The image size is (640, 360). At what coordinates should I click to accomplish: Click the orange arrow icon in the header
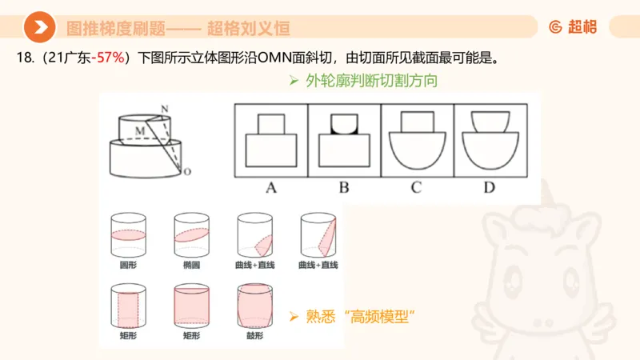(x=38, y=28)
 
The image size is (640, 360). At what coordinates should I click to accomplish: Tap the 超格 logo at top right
(x=573, y=27)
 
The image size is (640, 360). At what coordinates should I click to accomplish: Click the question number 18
(x=22, y=58)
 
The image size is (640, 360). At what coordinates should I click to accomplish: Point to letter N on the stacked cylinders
(x=164, y=108)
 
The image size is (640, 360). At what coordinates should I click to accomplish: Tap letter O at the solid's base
(x=187, y=171)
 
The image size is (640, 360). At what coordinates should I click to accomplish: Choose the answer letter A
(x=270, y=189)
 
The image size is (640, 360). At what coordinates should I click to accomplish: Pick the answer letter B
(x=344, y=189)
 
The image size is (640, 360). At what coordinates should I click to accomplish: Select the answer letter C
(x=416, y=189)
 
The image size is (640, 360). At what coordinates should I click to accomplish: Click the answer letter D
(x=489, y=189)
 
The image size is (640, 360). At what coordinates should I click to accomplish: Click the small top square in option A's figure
(x=270, y=123)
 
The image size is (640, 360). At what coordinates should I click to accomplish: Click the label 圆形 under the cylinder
(x=126, y=265)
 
